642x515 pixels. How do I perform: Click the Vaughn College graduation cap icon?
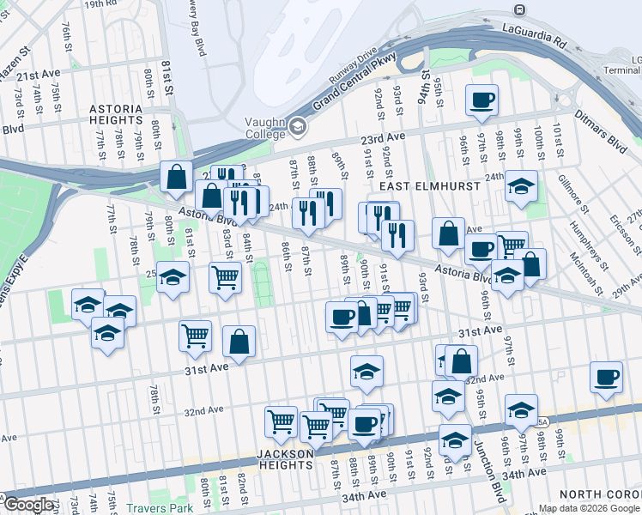(x=298, y=126)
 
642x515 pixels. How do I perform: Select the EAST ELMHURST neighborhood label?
(x=407, y=185)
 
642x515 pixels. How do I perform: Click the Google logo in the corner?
(x=28, y=505)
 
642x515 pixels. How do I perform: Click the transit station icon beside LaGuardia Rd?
(x=519, y=10)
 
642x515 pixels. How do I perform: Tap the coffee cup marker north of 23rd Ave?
(x=481, y=100)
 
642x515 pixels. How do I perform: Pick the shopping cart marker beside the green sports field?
(x=225, y=277)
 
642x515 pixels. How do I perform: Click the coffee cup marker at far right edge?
(x=606, y=378)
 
